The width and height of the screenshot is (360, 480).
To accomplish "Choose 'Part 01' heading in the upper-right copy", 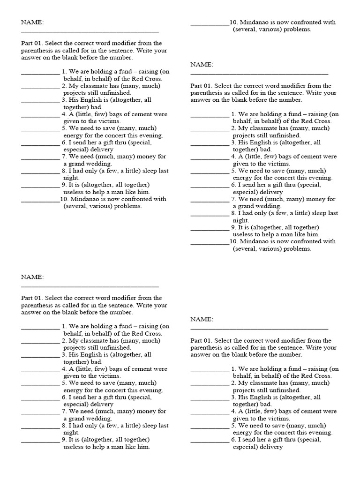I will [201, 86].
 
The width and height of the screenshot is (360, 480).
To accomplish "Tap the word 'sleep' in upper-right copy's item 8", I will [317, 213].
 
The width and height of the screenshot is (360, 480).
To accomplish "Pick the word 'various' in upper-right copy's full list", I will [276, 249].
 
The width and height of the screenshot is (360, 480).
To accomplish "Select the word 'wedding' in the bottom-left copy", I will [98, 419].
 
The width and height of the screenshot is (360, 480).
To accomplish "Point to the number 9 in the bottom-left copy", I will [63, 440].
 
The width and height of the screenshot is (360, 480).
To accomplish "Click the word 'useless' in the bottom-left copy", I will [74, 447].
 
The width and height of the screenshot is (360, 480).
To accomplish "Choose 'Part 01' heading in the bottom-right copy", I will [201, 340].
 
